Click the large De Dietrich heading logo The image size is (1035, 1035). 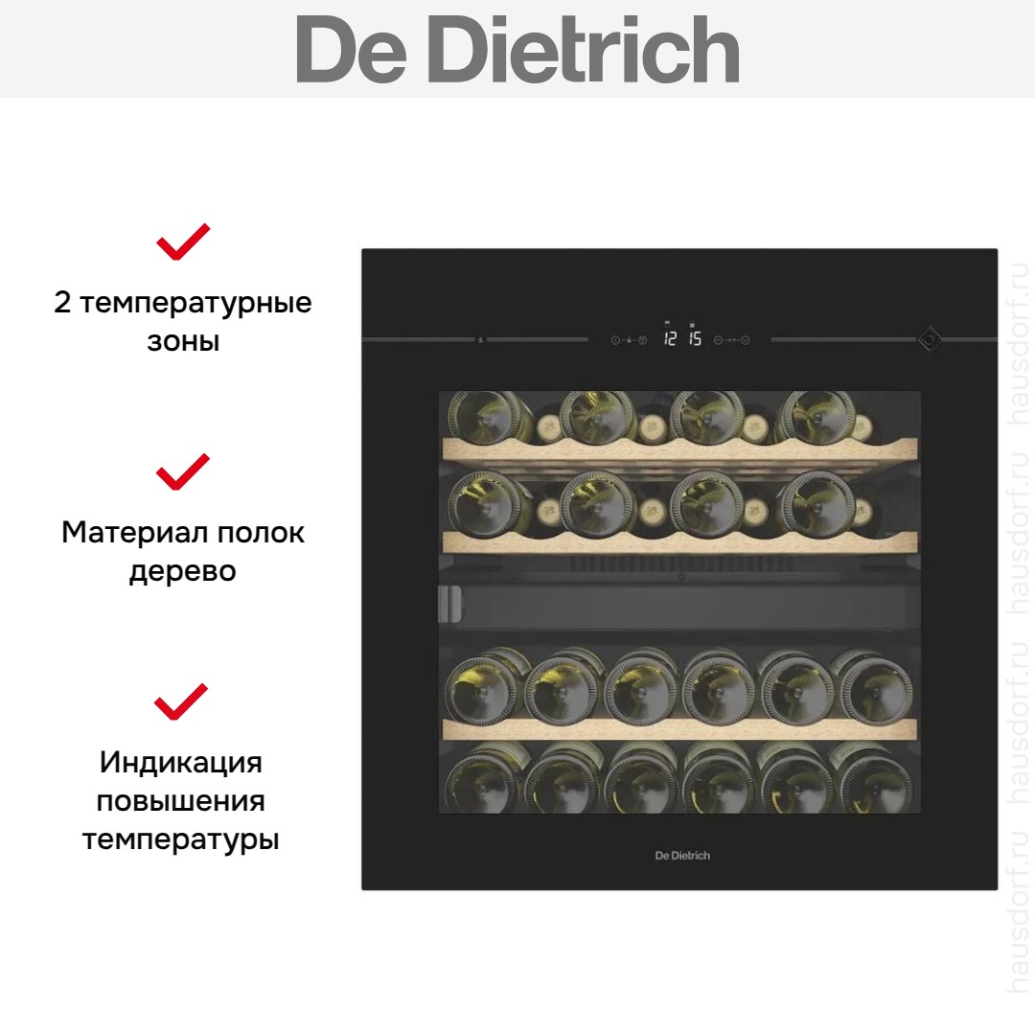coord(517,50)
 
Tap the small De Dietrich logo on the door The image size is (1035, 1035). coord(682,856)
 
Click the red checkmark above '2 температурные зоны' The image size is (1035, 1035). coord(183,241)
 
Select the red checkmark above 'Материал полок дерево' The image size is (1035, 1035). coord(183,471)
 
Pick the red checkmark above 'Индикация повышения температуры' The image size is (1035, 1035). coord(181,701)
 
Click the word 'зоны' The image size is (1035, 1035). coord(183,342)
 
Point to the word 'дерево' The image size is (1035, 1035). coord(183,572)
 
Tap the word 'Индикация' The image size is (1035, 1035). coord(181,763)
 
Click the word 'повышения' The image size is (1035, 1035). coord(181,801)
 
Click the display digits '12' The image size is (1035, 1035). coord(670,338)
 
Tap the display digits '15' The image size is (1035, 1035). coord(695,338)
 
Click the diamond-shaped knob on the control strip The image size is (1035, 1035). coord(930,339)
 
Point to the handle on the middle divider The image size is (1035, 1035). coord(450,604)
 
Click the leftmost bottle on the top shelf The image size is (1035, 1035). coord(489,417)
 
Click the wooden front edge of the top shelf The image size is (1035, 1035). coord(679,451)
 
